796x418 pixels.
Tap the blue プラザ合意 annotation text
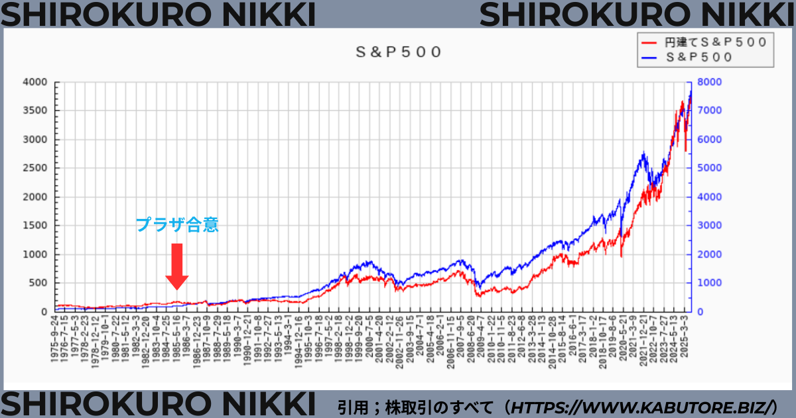tap(177, 225)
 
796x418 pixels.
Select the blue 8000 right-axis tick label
tap(709, 82)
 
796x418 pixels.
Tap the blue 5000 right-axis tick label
tap(709, 169)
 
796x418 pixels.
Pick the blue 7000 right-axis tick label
tap(709, 111)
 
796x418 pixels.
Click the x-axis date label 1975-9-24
tap(55, 338)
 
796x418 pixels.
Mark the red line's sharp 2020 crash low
tap(622, 256)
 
